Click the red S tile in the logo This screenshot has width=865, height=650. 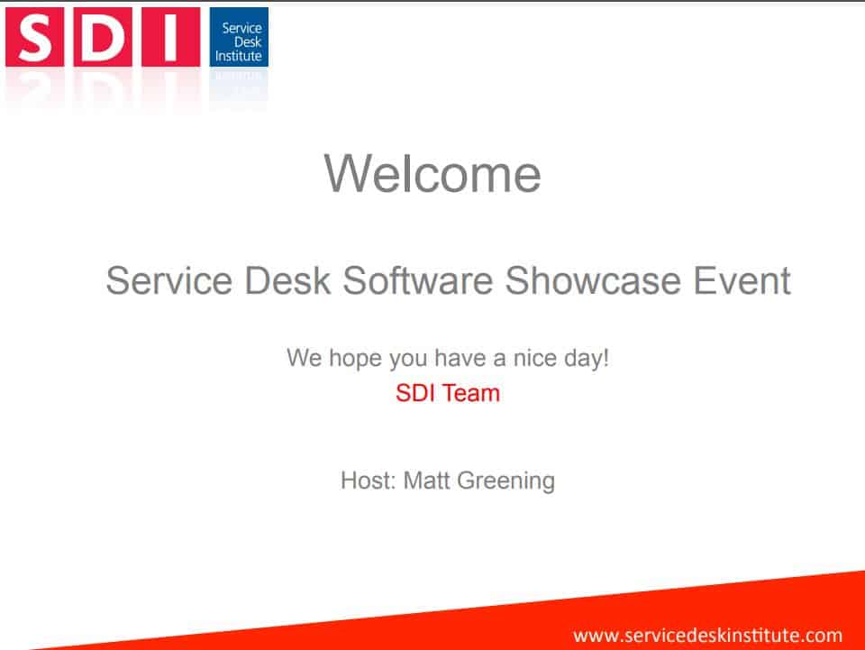pyautogui.click(x=35, y=37)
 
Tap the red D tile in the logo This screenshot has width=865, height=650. pyautogui.click(x=103, y=37)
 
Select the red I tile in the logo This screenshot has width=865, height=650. pyautogui.click(x=171, y=37)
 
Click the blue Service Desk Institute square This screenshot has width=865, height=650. pyautogui.click(x=239, y=37)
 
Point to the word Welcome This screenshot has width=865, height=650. pyautogui.click(x=432, y=174)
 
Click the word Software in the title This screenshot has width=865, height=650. pyautogui.click(x=417, y=281)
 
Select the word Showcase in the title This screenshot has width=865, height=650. pyautogui.click(x=593, y=281)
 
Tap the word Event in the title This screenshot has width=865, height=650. pyautogui.click(x=742, y=281)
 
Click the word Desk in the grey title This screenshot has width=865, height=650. pyautogui.click(x=287, y=281)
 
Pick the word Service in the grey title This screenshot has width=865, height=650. pyautogui.click(x=169, y=281)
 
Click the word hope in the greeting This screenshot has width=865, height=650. pyautogui.click(x=356, y=359)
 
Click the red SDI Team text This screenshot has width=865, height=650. pyautogui.click(x=448, y=393)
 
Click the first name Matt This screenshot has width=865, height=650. pyautogui.click(x=427, y=481)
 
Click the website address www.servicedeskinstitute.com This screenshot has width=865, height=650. pyautogui.click(x=708, y=636)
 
